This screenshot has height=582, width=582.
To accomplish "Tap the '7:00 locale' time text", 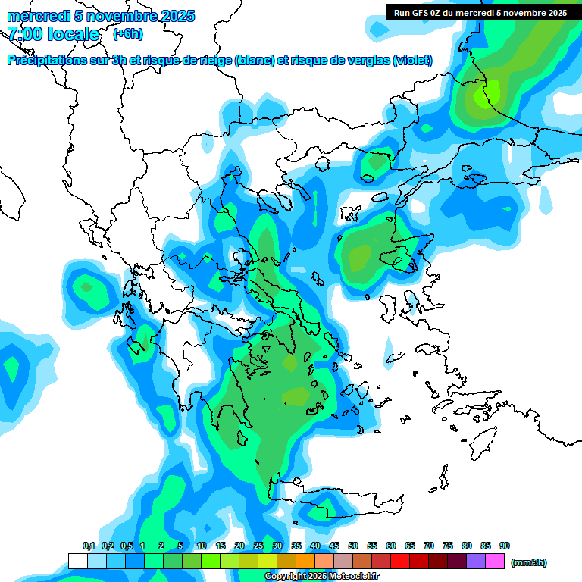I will [54, 34].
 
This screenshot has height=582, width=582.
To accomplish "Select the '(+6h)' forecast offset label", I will [127, 34].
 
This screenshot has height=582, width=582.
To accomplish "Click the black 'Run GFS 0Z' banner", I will [477, 12].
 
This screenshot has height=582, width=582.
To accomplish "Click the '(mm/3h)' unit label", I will [529, 562].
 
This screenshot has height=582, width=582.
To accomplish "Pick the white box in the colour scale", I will [77, 561].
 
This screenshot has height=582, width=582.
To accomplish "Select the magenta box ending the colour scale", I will [495, 561].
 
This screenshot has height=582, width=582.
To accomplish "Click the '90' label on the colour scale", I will [505, 546].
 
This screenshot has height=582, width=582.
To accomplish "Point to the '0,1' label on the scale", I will [89, 546].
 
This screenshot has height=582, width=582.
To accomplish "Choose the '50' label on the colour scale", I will [353, 546].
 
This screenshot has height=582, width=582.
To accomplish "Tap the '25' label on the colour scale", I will [258, 546].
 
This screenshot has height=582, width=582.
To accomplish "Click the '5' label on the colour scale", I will [180, 546].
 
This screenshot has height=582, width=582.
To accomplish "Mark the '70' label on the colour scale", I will [429, 546].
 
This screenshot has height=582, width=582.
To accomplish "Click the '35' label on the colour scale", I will [296, 546].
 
